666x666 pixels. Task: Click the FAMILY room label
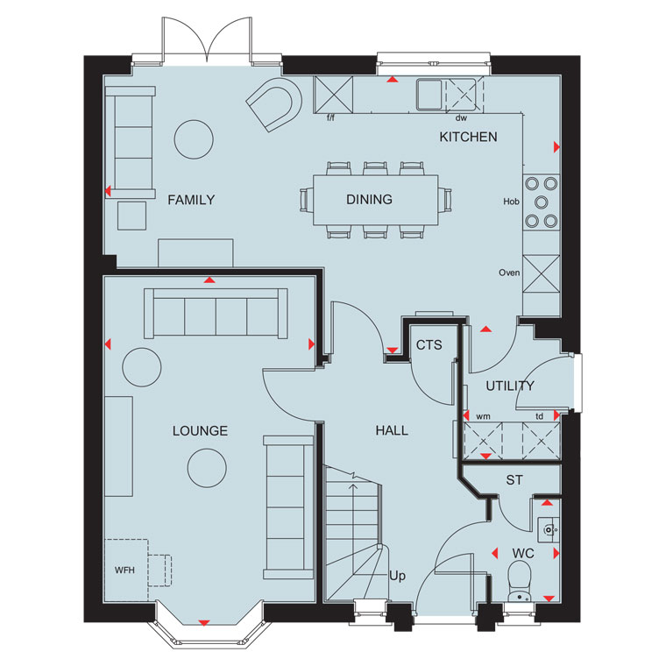tap(191, 200)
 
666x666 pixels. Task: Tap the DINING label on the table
tap(369, 199)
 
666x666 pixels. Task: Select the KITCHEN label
tap(468, 137)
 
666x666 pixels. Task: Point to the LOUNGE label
tap(200, 430)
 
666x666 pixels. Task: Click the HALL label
tap(392, 430)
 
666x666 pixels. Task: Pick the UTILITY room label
tap(510, 386)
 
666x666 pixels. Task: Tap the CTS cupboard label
tap(429, 345)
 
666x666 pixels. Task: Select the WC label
tap(523, 554)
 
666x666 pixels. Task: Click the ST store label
tap(514, 480)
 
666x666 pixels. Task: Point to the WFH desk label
tap(124, 570)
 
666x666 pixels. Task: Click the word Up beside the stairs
tap(397, 576)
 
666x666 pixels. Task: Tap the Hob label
tap(511, 202)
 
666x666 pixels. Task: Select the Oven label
tap(509, 273)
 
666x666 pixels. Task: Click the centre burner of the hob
tap(542, 202)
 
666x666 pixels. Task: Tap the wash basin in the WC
tap(549, 529)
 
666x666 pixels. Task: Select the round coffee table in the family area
tap(194, 139)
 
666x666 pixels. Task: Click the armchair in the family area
tap(274, 104)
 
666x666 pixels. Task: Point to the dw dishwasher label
tap(461, 118)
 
